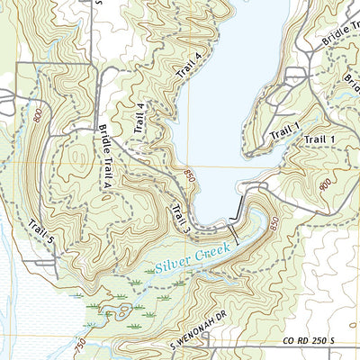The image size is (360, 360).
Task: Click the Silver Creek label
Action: point(192,257)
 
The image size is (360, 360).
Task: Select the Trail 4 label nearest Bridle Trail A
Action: point(139,118)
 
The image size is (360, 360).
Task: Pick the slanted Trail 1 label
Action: point(283,131)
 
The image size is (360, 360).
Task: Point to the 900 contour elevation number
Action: point(324,183)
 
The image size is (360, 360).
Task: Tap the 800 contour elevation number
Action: point(36,114)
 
